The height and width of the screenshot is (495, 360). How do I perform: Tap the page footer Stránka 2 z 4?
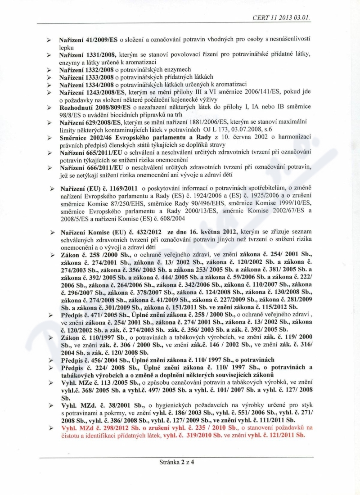180,462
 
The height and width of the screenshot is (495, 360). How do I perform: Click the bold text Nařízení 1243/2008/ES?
90,92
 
